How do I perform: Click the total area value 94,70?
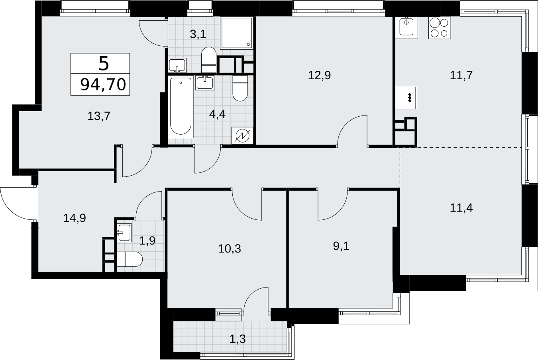point(103,84)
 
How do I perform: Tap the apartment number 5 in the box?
point(104,64)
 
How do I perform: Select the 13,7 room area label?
point(99,116)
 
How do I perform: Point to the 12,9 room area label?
point(319,75)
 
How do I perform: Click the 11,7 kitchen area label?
point(461,75)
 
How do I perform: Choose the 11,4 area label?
point(461,207)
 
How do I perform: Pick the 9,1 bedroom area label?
point(341,246)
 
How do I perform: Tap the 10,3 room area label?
point(230,248)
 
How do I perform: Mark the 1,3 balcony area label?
point(238,339)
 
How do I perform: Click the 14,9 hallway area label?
point(75,218)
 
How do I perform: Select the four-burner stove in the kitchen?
point(440,28)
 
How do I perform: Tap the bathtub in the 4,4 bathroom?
point(181,107)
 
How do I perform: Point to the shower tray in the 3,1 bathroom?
point(237,33)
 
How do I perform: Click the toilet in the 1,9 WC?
point(130,259)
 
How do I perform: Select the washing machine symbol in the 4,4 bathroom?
point(242,136)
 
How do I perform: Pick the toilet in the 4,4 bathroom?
point(240,88)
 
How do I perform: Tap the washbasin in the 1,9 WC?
point(124,232)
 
